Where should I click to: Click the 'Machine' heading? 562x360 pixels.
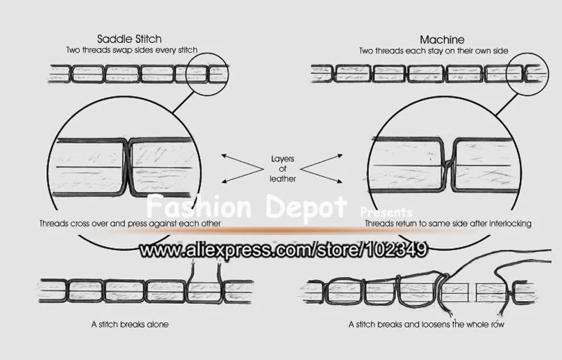click(439, 39)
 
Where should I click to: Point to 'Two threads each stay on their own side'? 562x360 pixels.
click(439, 51)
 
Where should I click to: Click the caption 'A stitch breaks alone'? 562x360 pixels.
click(130, 325)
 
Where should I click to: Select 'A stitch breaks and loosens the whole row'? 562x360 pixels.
click(425, 325)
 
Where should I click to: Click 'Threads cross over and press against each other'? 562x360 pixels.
click(131, 223)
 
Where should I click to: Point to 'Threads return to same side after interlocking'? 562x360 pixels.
click(447, 223)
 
